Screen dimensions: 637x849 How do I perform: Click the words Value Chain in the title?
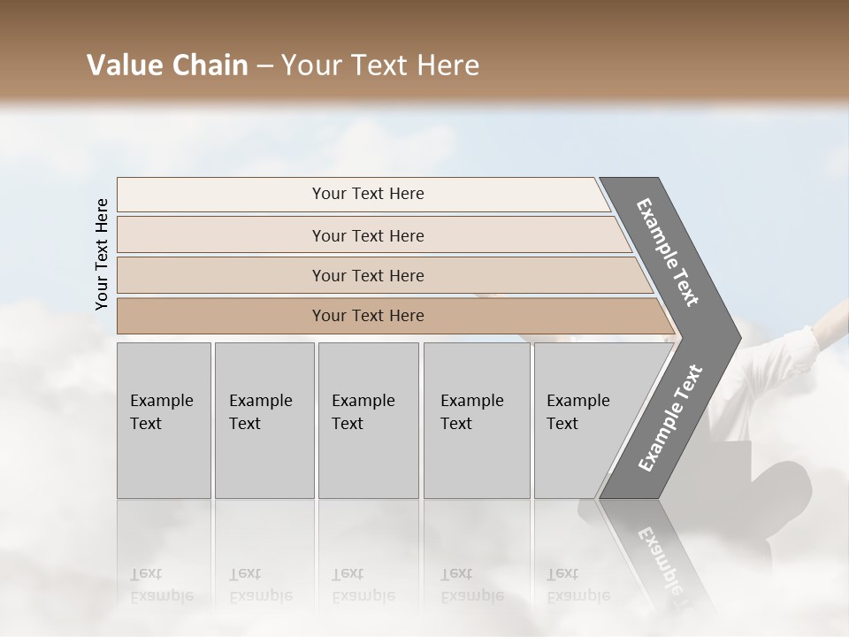(x=167, y=65)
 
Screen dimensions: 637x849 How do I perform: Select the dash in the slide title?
(x=264, y=66)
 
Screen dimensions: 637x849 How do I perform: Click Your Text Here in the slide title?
(x=379, y=66)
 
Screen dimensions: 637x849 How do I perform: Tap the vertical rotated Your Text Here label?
(x=102, y=254)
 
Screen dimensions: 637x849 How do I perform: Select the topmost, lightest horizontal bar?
(x=367, y=194)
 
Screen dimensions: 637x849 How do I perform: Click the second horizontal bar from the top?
(x=367, y=235)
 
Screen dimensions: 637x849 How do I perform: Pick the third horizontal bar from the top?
(x=367, y=275)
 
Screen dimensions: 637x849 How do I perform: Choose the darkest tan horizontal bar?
(x=367, y=316)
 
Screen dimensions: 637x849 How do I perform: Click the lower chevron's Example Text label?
(x=670, y=418)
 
